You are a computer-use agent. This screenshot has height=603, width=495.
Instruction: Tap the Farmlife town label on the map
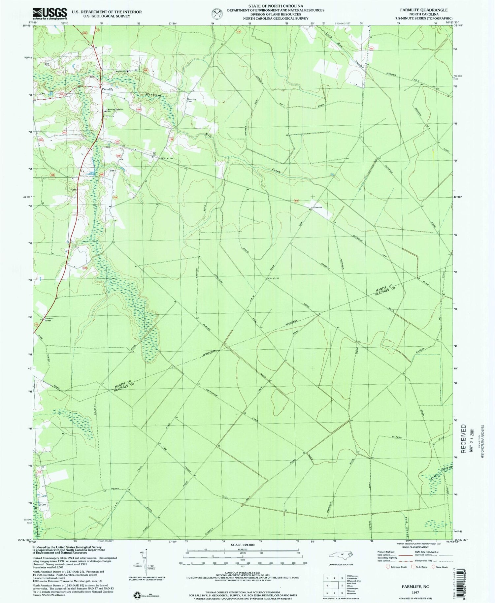(107, 89)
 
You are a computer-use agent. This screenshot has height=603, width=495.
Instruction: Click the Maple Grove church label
(121, 71)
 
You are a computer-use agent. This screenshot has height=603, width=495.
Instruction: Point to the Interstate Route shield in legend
(387, 567)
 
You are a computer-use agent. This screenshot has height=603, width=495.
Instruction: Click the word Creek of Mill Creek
(276, 171)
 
